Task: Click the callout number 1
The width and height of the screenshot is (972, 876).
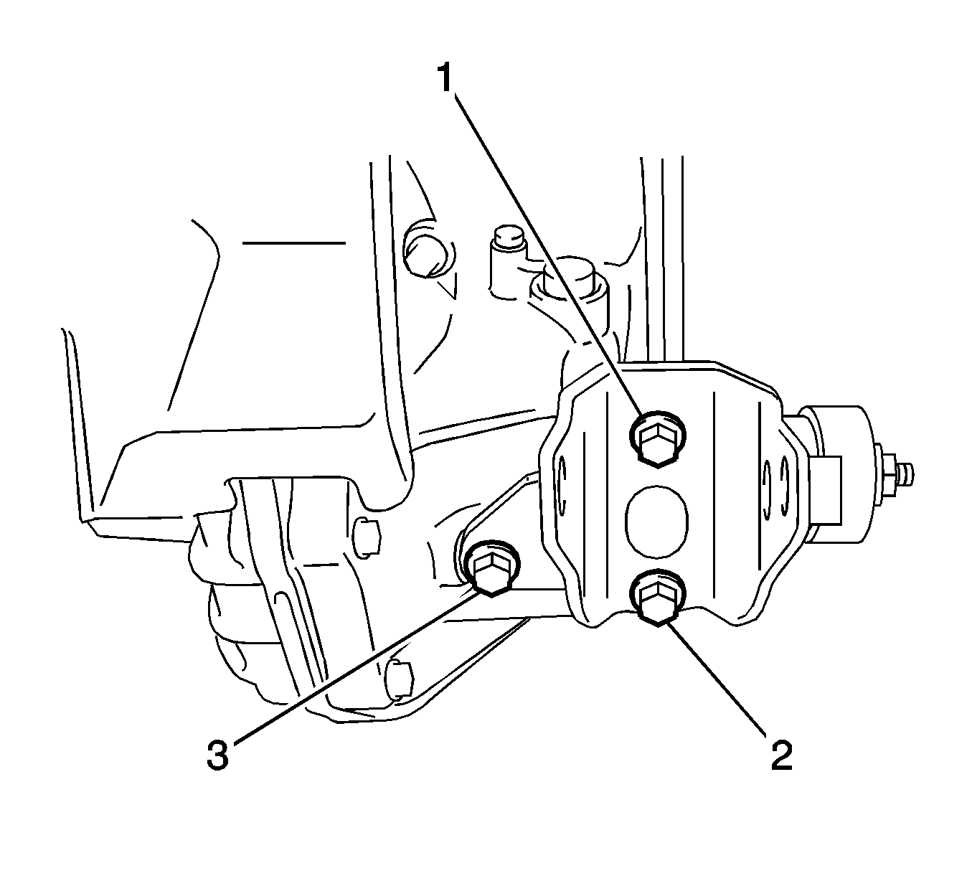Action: click(x=445, y=77)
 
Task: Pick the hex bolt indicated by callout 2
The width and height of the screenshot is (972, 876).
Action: click(x=658, y=597)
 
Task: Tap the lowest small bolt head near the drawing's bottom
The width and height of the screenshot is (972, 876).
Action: click(x=400, y=681)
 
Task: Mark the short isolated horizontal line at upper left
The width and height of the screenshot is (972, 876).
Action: click(x=293, y=242)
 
